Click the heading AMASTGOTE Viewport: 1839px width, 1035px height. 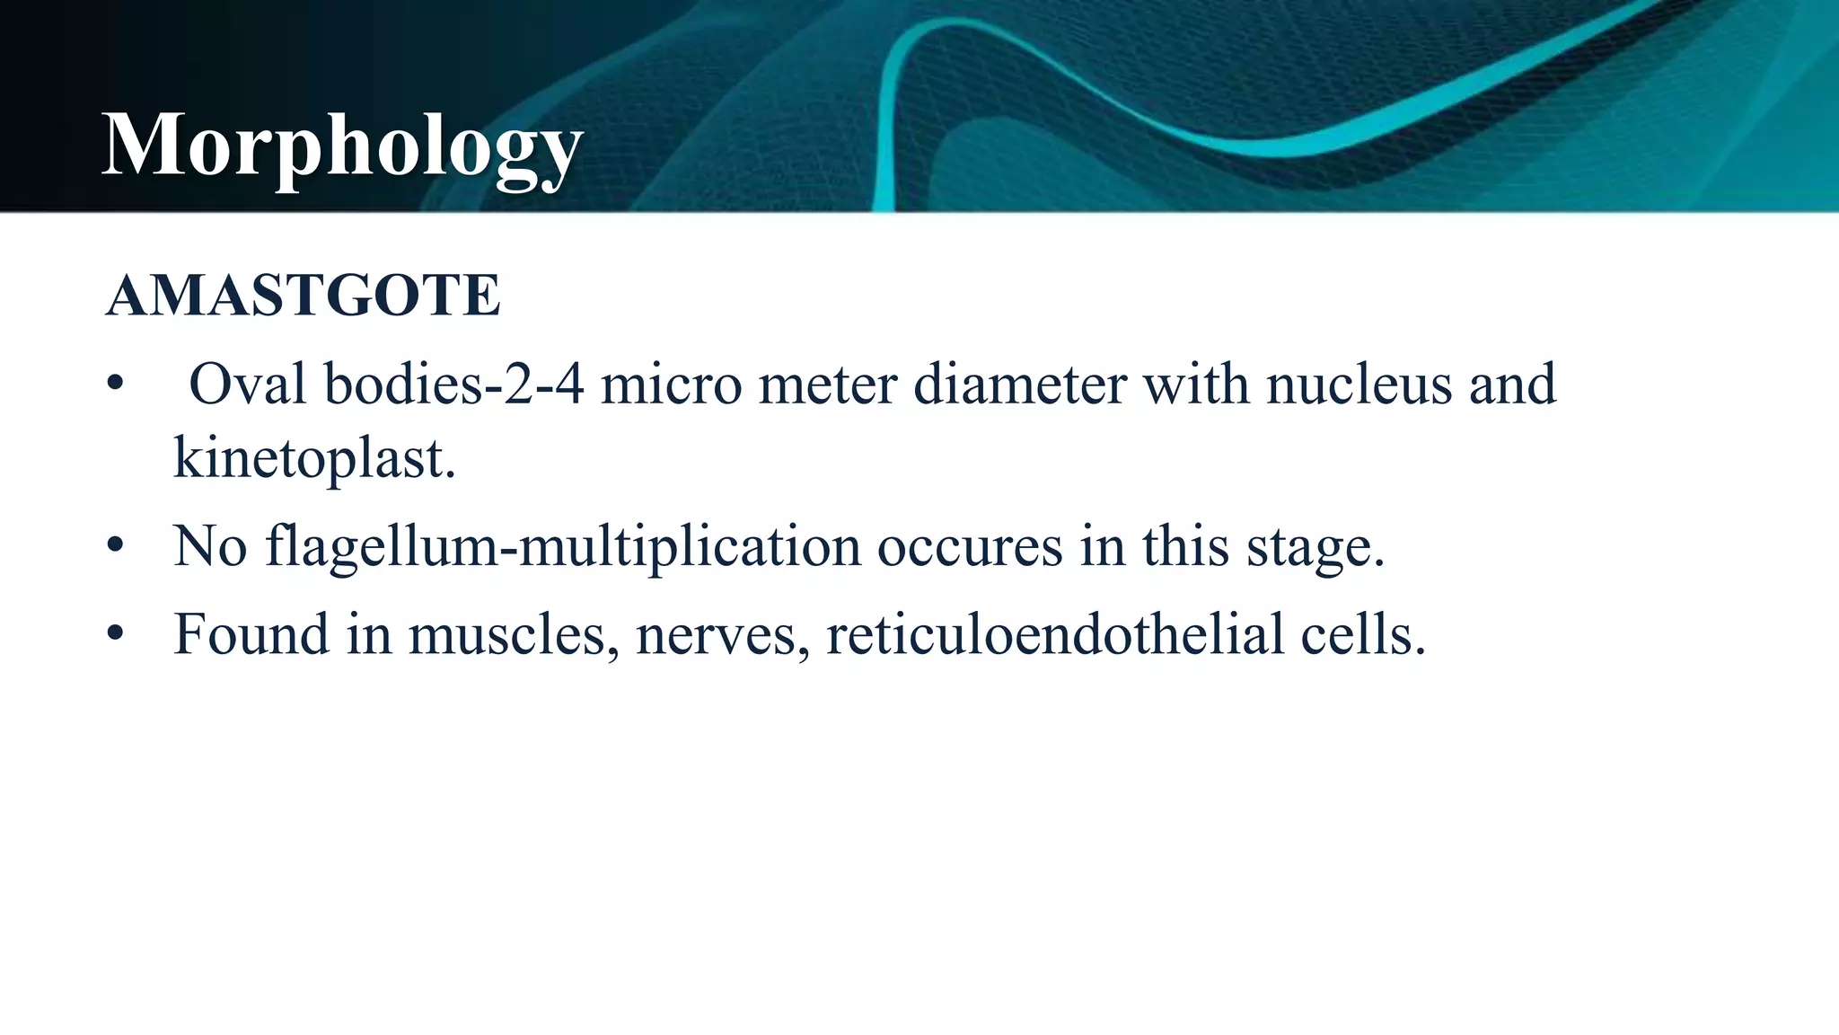303,296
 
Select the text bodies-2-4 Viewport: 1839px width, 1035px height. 454,385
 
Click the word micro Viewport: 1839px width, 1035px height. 671,385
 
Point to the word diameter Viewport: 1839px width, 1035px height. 1019,385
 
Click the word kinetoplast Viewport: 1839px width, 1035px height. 313,458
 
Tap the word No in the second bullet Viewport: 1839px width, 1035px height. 209,545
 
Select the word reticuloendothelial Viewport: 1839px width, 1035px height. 1055,633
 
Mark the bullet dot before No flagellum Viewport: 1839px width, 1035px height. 114,545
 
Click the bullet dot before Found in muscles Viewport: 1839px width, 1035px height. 114,633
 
